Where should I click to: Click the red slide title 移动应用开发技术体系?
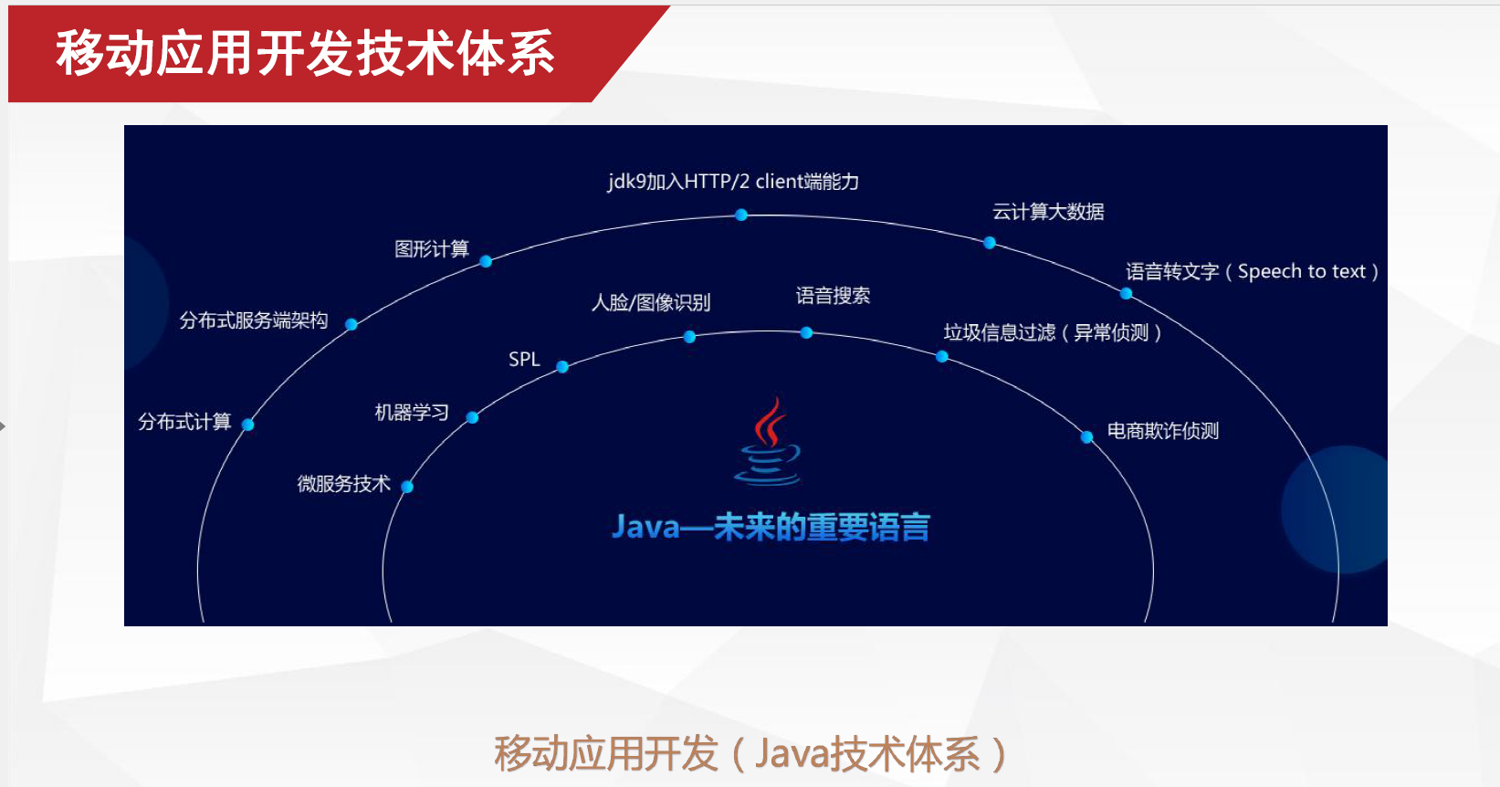[x=305, y=53]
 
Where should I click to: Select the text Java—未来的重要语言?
[x=771, y=527]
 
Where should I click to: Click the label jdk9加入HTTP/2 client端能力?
[x=733, y=182]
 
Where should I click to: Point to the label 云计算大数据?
[x=1048, y=212]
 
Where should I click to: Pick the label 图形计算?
[x=432, y=249]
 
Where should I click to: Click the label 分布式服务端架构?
[x=254, y=320]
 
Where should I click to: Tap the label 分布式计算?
[x=184, y=421]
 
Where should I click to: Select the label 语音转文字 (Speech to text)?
[x=1253, y=271]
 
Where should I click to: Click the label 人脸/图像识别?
[x=651, y=302]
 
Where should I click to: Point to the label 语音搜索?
[x=833, y=296]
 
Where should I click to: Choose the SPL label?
[x=524, y=360]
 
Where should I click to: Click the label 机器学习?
[x=412, y=412]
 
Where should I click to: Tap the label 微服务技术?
[x=344, y=484]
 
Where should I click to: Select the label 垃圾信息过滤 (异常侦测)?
[x=1053, y=332]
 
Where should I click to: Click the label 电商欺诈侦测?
[x=1163, y=431]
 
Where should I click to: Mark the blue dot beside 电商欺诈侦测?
[x=1086, y=437]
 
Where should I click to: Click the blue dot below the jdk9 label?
[x=741, y=215]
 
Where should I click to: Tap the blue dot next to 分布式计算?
[x=247, y=425]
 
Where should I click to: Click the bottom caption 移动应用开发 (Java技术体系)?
[x=750, y=754]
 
